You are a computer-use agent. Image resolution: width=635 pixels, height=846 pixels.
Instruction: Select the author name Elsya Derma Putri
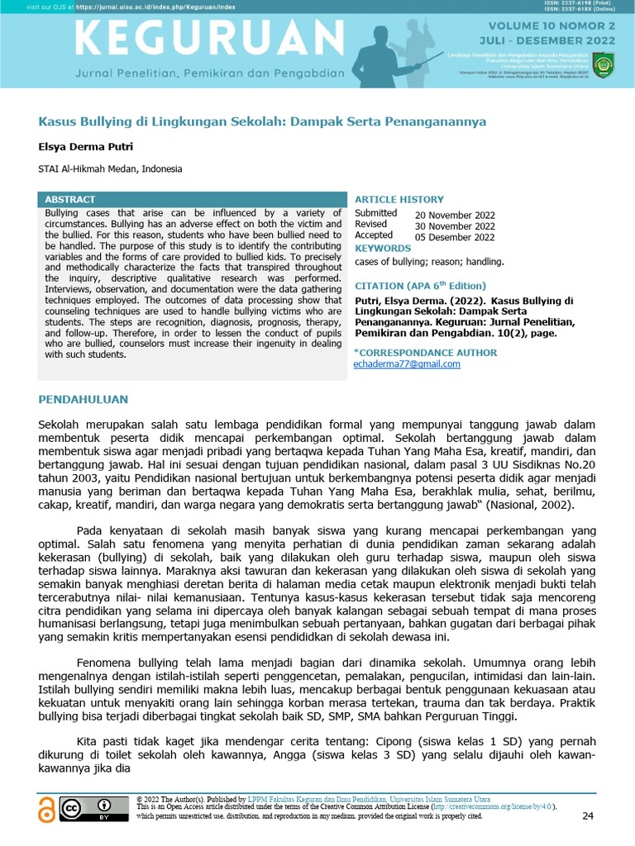85,147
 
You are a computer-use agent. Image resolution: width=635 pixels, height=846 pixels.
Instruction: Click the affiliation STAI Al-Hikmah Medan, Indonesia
110,169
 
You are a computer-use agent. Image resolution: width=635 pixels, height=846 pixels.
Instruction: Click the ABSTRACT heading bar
69,200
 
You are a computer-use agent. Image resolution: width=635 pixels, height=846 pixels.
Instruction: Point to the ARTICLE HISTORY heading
399,200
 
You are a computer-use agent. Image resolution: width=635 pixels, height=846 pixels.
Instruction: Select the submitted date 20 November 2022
455,215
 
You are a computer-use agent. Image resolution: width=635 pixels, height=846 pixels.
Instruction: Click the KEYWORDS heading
383,249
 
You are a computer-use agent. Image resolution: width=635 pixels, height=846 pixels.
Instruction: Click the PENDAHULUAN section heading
84,400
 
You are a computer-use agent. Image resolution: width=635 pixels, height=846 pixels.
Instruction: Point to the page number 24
588,816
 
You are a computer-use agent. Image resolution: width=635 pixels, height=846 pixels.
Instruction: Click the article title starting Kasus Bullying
263,121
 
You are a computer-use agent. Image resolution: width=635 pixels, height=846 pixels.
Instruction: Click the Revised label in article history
370,225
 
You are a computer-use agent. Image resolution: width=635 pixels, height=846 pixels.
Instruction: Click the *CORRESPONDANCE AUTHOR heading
426,352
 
